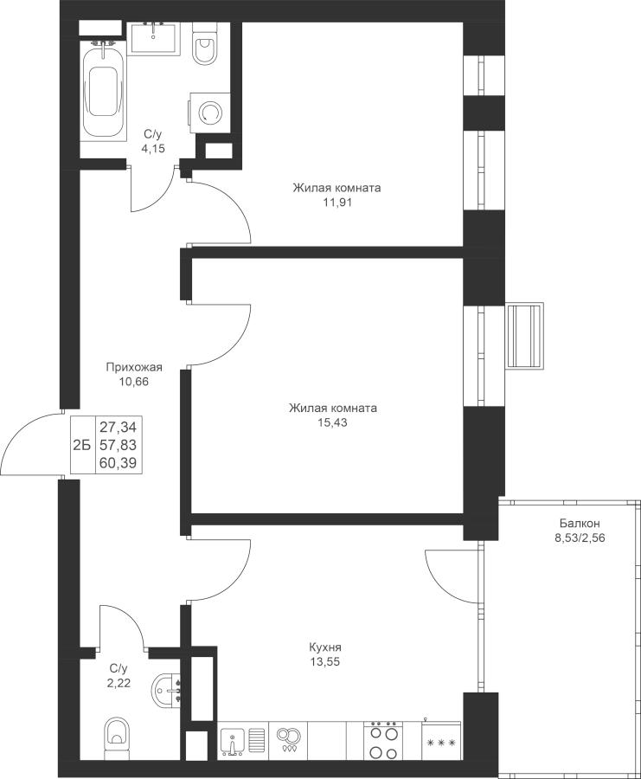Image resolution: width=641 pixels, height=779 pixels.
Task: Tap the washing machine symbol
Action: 208,113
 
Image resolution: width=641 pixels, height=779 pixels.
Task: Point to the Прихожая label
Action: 134,367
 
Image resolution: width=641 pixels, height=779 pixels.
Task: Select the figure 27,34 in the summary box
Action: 118,427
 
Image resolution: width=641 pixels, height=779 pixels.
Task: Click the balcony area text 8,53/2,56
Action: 579,538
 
